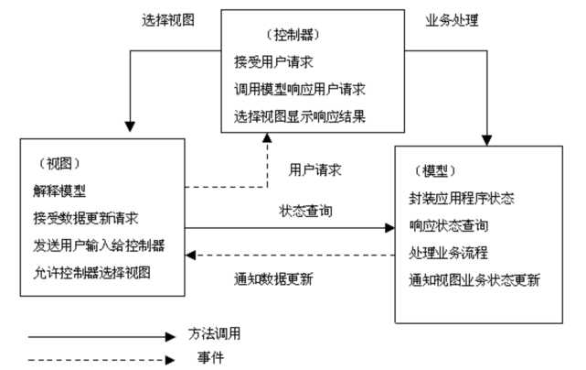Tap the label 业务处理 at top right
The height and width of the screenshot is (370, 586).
[453, 18]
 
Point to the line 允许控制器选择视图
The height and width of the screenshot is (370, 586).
[89, 273]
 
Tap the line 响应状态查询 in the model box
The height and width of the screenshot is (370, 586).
[449, 225]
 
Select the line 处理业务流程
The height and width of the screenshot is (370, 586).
[449, 252]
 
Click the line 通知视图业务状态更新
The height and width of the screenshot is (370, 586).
[474, 278]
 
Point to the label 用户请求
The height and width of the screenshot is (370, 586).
[315, 170]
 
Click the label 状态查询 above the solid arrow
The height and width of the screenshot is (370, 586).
[305, 211]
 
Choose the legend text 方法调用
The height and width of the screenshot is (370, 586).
[215, 335]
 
